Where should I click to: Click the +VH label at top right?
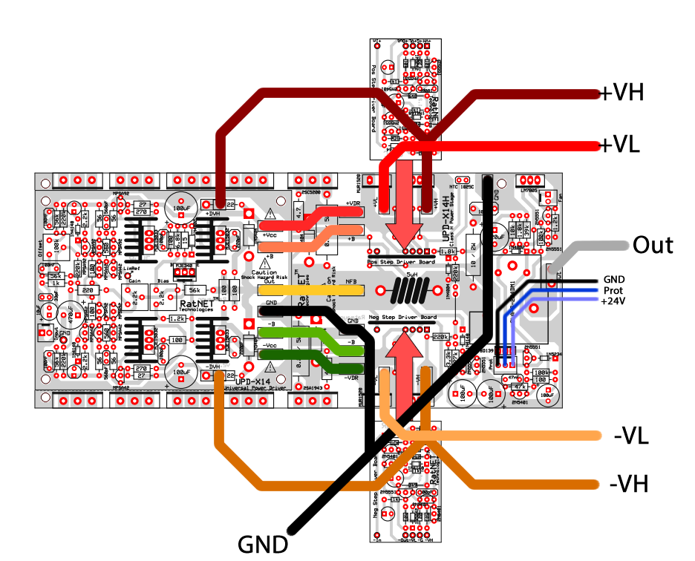622,93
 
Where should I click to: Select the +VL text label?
620,145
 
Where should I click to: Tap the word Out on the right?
653,246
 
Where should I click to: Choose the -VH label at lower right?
629,485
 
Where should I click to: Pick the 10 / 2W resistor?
473,252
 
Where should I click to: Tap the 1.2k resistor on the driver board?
177,318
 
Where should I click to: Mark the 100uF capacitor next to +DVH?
180,205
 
